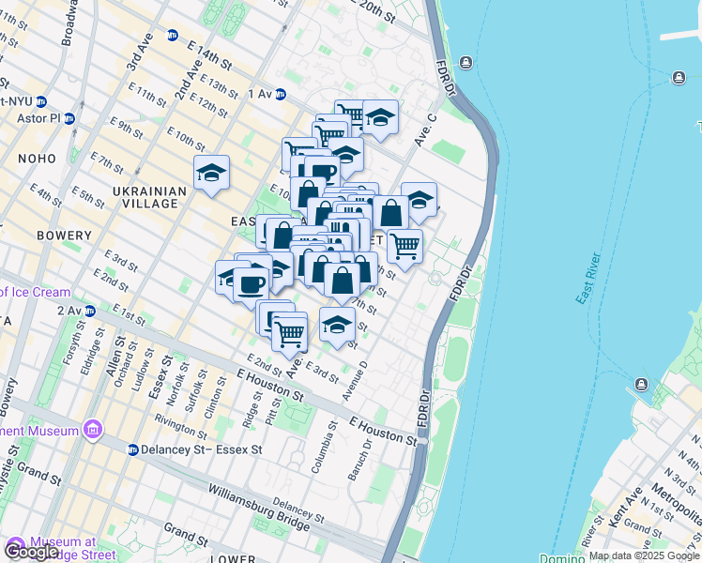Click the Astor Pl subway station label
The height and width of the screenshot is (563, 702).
(x=38, y=119)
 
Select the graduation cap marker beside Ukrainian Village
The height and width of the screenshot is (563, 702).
(x=212, y=173)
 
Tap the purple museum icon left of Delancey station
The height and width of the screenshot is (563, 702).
(x=92, y=431)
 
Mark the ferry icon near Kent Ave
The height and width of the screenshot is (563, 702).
(x=641, y=385)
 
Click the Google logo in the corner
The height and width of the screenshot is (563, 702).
(x=32, y=552)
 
